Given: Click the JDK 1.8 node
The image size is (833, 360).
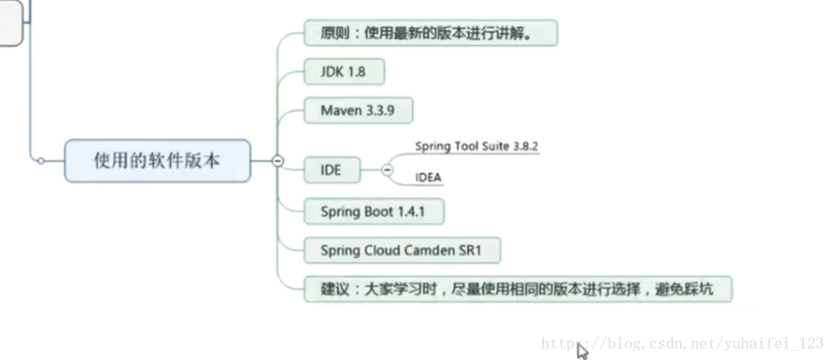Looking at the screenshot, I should pyautogui.click(x=343, y=72).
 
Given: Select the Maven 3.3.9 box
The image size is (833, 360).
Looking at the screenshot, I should pyautogui.click(x=357, y=110).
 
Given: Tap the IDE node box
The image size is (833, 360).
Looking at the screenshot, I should pyautogui.click(x=331, y=171).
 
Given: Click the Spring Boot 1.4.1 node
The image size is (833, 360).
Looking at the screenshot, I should pyautogui.click(x=372, y=211).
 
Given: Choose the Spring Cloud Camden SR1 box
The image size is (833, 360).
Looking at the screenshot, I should pyautogui.click(x=402, y=249).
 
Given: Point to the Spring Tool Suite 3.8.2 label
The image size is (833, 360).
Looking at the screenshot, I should pyautogui.click(x=477, y=146).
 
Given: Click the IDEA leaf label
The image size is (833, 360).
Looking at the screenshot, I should pyautogui.click(x=428, y=177).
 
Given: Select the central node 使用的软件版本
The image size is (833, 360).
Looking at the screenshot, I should pyautogui.click(x=157, y=160).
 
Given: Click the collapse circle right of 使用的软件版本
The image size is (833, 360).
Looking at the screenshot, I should pyautogui.click(x=278, y=161).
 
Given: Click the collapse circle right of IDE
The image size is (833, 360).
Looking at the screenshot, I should pyautogui.click(x=387, y=171).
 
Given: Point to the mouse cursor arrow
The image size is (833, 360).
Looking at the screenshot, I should pyautogui.click(x=582, y=350).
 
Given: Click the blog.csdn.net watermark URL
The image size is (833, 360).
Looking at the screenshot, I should pyautogui.click(x=682, y=343).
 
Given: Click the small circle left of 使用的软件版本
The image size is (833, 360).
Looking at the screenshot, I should pyautogui.click(x=40, y=161).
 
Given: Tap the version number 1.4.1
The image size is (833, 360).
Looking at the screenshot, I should pyautogui.click(x=411, y=211).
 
